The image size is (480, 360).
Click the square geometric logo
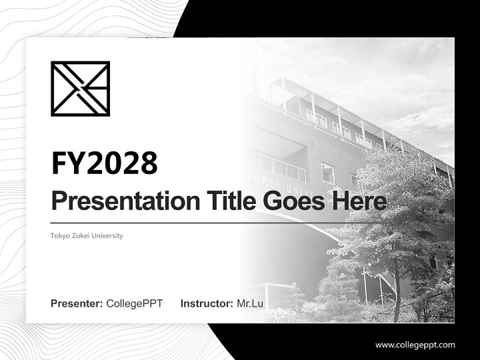[80, 88]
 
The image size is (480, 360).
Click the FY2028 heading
[104, 163]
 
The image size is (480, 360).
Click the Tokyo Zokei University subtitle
[86, 235]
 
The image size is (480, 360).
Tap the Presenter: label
[77, 303]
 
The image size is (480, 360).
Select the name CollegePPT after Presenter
[134, 303]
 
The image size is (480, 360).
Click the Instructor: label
[206, 303]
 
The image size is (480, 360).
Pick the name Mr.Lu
[250, 303]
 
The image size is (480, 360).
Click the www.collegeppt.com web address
[415, 344]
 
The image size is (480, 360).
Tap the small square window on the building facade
[327, 173]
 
